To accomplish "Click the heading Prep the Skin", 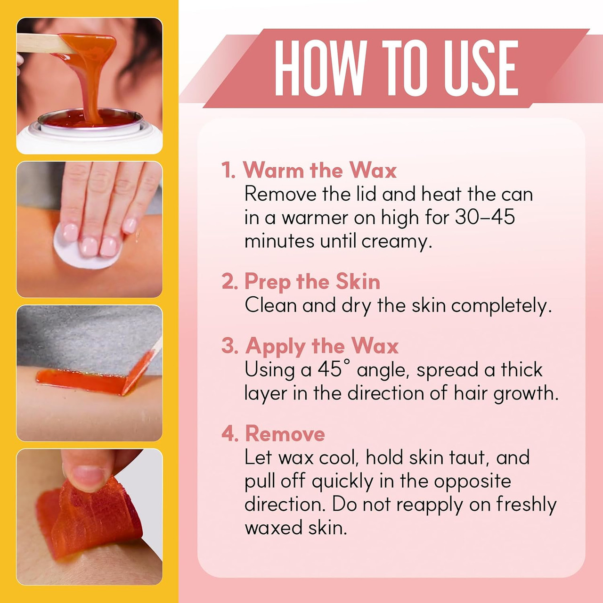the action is (x=312, y=281).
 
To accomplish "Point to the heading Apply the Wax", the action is (x=322, y=346).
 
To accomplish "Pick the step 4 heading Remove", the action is (x=285, y=434).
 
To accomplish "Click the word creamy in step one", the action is (x=397, y=242).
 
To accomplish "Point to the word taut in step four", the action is (x=468, y=457).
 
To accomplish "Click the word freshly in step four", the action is (x=526, y=505).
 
